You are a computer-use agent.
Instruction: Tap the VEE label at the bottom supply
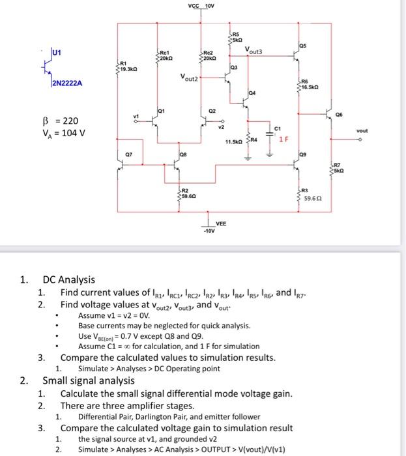click(221, 223)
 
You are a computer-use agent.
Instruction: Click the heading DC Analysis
click(68, 279)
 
